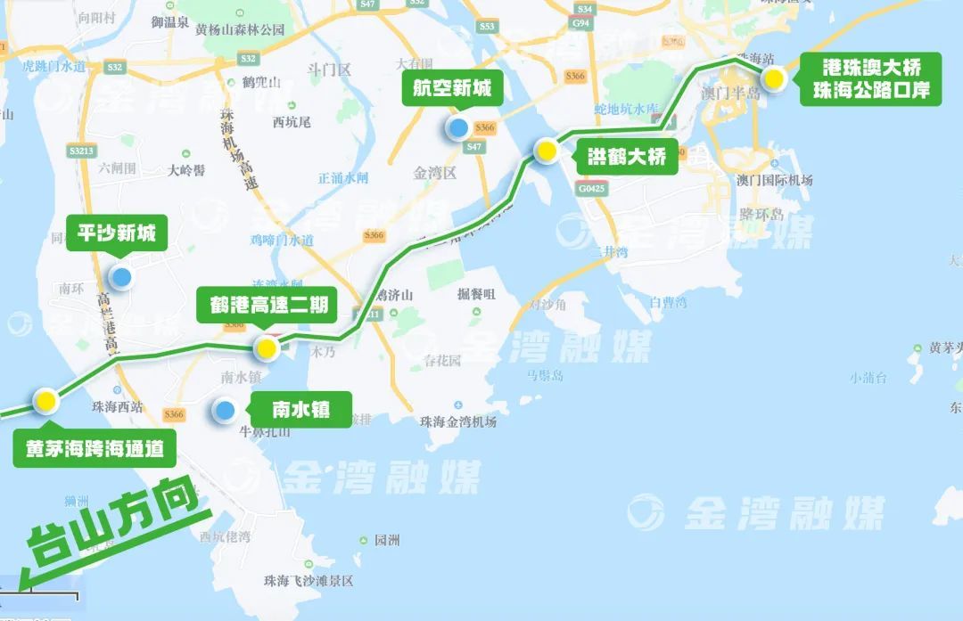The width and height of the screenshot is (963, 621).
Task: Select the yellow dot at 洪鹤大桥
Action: pos(546,151)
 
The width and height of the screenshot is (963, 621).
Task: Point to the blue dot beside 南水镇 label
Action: pos(224,410)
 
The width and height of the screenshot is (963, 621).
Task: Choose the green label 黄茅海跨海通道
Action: pos(94,449)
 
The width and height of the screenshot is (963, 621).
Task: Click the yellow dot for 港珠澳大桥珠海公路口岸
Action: pos(774,79)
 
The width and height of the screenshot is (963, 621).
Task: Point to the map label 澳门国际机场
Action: pos(774,180)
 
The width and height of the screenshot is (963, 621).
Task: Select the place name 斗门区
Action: pos(329,69)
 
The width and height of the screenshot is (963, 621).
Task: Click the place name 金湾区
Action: pos(435,173)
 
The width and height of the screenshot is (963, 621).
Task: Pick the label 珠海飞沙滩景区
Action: pos(309,580)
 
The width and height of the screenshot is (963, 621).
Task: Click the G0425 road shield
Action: pos(589,189)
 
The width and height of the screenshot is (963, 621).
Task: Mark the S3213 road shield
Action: pos(81,151)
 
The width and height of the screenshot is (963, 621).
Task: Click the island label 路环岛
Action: pos(761,214)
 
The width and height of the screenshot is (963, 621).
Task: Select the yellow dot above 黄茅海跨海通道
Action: pos(45,401)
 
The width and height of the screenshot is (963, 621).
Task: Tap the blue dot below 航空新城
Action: pos(457,127)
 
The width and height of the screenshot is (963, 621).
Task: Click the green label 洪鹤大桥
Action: pos(627,157)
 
